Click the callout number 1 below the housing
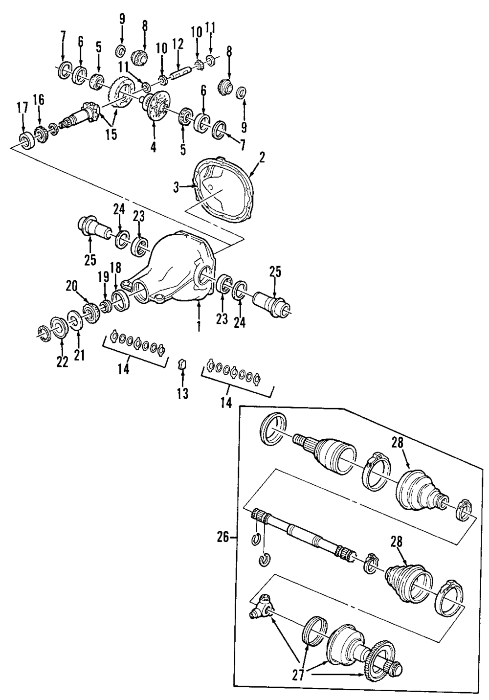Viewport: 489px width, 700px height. pos(198,326)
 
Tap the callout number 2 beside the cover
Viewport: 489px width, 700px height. pos(262,158)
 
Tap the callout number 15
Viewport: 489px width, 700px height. pos(111,134)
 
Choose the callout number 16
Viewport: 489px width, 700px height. pos(39,100)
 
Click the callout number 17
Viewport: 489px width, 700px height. pos(23,110)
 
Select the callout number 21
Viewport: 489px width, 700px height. pos(79,354)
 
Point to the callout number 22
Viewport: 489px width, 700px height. pos(62,361)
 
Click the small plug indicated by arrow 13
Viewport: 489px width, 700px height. pos(182,364)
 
